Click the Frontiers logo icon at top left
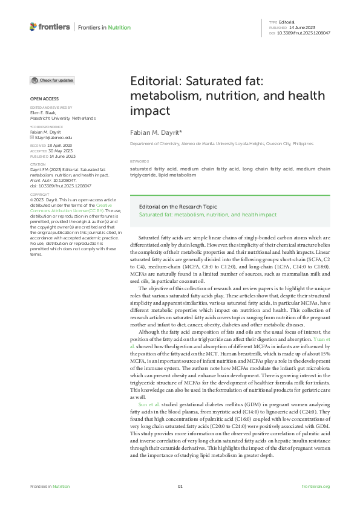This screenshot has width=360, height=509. tap(33, 27)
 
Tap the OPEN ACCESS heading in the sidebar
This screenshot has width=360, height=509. tap(44, 99)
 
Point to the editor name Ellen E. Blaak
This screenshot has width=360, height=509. tap(43, 112)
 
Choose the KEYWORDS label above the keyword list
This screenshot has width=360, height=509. tap(139, 161)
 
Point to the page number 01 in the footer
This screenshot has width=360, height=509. tap(180, 486)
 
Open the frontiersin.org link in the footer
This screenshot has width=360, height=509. tap(315, 486)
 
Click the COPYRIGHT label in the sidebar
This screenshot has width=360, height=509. tap(40, 195)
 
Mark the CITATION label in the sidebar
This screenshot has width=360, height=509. tap(38, 164)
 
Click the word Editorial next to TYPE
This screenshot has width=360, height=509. tap(287, 22)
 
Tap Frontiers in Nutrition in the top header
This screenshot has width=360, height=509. tap(103, 27)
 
